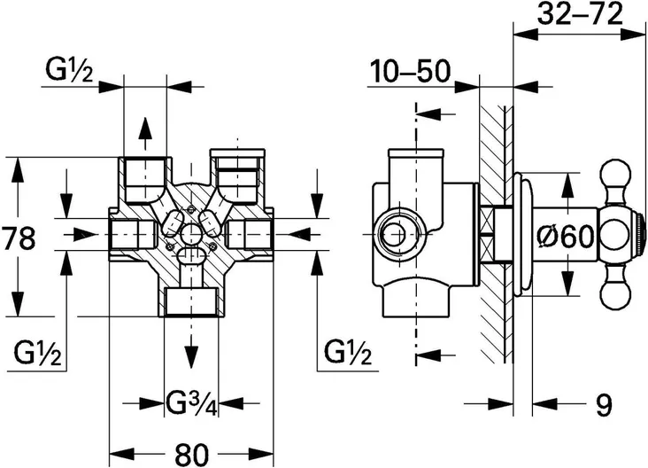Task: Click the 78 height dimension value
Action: click(x=19, y=238)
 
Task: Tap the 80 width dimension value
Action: click(x=192, y=454)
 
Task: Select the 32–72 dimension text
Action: click(x=580, y=14)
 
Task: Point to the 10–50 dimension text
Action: click(x=409, y=71)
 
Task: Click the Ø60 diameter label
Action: click(x=567, y=237)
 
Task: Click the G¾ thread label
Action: click(x=191, y=402)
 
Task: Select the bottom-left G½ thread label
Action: click(x=37, y=353)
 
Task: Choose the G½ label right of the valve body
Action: click(x=348, y=353)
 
